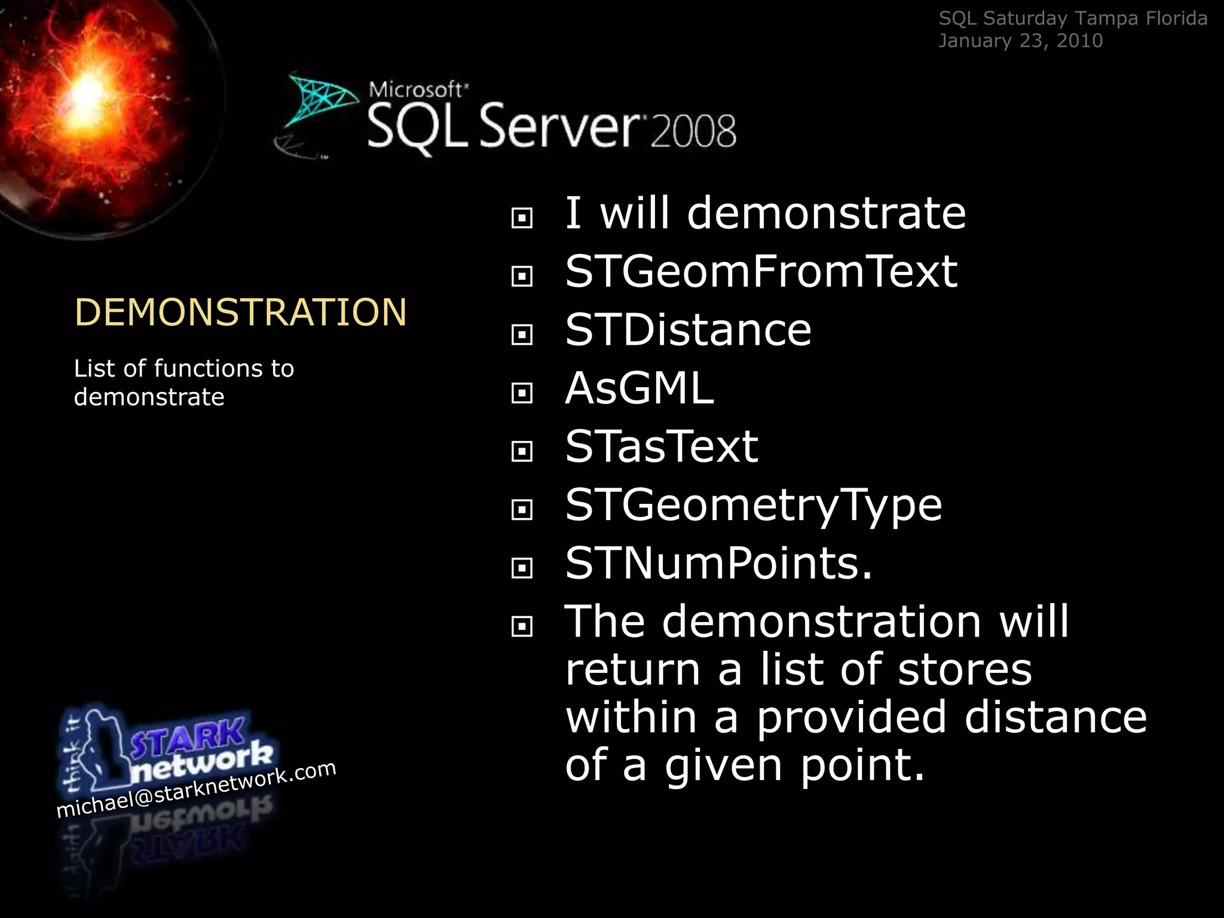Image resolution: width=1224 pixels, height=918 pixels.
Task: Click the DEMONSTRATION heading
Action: pos(240,312)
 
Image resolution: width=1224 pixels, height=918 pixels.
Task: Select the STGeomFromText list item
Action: pos(761,272)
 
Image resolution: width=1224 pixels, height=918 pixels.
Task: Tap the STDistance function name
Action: pos(688,330)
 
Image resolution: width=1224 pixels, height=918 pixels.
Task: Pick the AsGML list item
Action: pos(639,388)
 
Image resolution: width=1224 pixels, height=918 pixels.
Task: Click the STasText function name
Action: pos(662,446)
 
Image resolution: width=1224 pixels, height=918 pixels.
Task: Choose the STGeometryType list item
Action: pos(754,506)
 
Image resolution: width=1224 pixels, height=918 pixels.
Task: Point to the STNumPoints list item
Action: pos(718,563)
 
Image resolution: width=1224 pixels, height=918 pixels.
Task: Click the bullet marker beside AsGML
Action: pos(522,393)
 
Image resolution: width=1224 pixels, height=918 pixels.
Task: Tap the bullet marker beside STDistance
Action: pos(522,335)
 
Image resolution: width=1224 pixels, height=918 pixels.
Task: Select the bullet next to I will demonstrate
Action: pos(522,218)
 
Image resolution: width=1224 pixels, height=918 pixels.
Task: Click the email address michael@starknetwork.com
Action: pos(196,789)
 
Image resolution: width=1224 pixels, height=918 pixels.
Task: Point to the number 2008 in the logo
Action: pos(693,131)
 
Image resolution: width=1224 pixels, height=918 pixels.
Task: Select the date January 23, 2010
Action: pos(1020,41)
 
